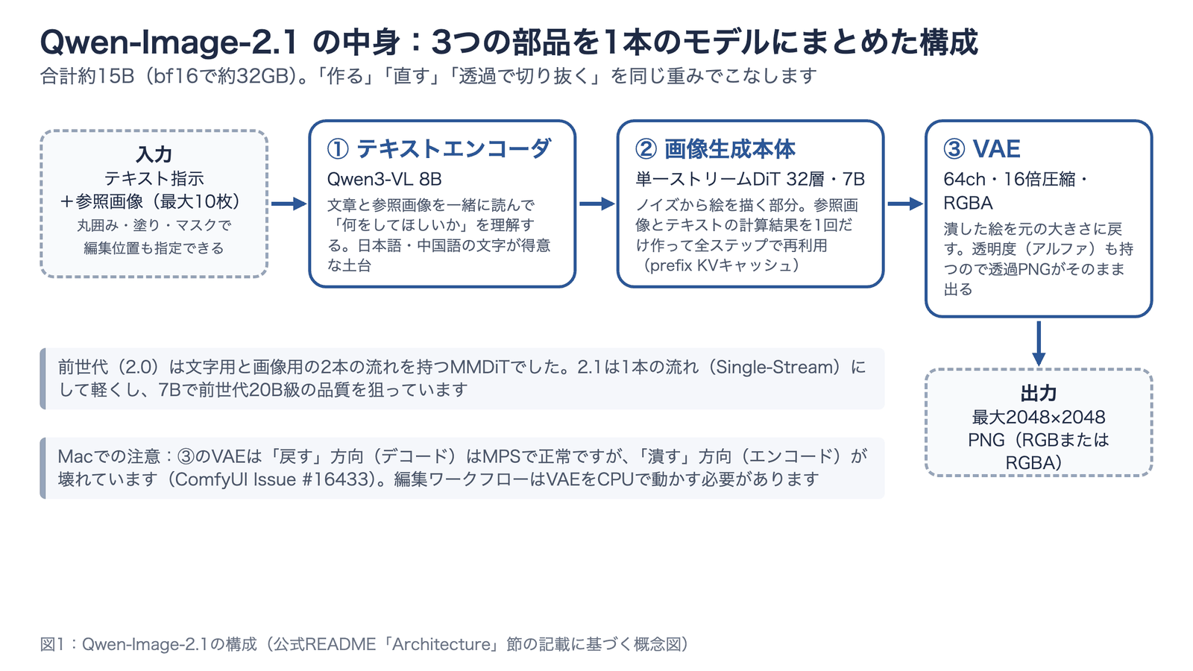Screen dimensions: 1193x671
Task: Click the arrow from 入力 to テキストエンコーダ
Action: click(289, 204)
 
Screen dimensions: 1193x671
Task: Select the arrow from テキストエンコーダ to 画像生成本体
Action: click(597, 204)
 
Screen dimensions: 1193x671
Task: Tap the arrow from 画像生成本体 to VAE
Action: click(905, 204)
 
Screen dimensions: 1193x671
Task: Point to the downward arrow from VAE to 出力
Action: click(1039, 344)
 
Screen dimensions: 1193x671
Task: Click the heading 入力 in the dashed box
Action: click(154, 154)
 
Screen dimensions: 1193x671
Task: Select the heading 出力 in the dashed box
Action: click(1039, 393)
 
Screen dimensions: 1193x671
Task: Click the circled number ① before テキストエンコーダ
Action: click(338, 149)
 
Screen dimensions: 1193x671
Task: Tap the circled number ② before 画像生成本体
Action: click(646, 149)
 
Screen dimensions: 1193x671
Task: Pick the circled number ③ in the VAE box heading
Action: click(954, 149)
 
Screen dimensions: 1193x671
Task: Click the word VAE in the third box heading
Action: click(996, 148)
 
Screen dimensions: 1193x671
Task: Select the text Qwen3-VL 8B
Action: click(385, 179)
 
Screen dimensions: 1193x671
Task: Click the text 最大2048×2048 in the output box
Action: click(1039, 417)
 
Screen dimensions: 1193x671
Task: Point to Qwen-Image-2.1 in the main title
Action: click(169, 42)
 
